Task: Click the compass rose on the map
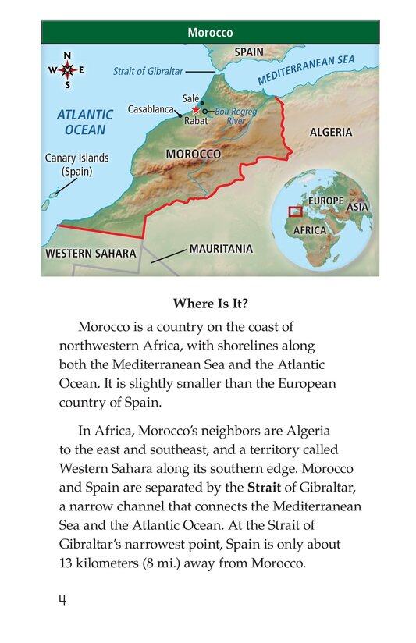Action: tap(67, 70)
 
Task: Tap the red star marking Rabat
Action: tap(194, 111)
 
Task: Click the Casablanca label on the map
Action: tap(149, 109)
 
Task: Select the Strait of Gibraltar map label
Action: tap(148, 70)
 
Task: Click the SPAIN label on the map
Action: tap(249, 52)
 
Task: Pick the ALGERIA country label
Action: tap(330, 132)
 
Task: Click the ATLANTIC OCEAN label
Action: tap(85, 121)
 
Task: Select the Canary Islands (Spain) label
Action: tap(76, 164)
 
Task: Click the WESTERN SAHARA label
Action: tap(91, 254)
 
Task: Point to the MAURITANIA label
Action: tap(221, 249)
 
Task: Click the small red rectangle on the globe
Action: tap(295, 211)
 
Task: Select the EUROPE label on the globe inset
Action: tap(325, 201)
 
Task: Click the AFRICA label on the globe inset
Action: tap(310, 231)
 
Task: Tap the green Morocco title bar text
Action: tap(210, 34)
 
